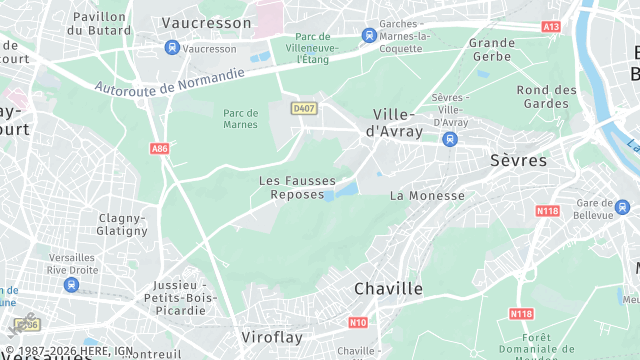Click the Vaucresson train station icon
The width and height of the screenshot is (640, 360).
pyautogui.click(x=172, y=47)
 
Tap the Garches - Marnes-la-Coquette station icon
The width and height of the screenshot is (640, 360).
pyautogui.click(x=369, y=35)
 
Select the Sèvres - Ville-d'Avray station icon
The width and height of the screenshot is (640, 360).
pyautogui.click(x=450, y=139)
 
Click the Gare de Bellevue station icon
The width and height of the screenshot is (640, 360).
pyautogui.click(x=623, y=207)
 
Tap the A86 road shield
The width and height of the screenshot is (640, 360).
pyautogui.click(x=159, y=148)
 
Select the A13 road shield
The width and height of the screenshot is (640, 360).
pyautogui.click(x=551, y=26)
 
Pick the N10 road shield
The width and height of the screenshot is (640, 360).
pyautogui.click(x=358, y=323)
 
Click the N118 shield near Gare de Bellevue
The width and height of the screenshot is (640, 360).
pyautogui.click(x=547, y=211)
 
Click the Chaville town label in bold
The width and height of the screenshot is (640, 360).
pyautogui.click(x=388, y=289)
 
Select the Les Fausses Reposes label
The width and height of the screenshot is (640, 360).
pyautogui.click(x=297, y=187)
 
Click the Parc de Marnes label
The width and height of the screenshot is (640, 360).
pyautogui.click(x=240, y=118)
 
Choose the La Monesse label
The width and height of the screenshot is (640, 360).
pyautogui.click(x=427, y=196)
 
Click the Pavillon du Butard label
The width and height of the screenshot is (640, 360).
pyautogui.click(x=99, y=23)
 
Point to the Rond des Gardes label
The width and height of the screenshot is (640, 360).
pyautogui.click(x=547, y=97)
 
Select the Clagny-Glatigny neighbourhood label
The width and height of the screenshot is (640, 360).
pyautogui.click(x=122, y=224)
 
